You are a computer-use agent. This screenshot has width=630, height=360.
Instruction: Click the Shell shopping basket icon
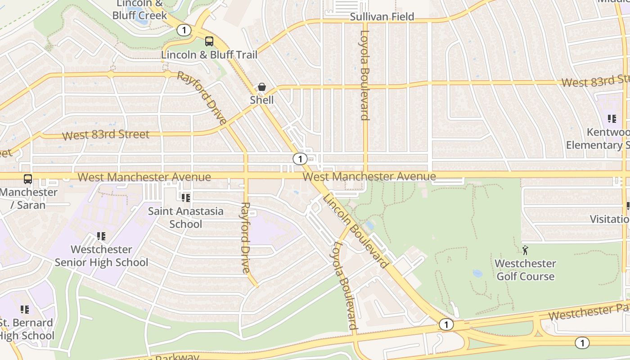coord(261,87)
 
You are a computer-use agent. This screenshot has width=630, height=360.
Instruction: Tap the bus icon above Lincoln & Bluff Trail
coord(209,41)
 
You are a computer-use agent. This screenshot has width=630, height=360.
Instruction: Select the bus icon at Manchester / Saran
coord(28,179)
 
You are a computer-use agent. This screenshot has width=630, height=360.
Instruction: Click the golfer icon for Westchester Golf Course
coord(525,250)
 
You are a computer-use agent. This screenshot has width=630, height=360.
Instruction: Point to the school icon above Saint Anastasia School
coord(185,198)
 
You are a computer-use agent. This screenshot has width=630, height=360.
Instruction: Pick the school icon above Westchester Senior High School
coord(101,236)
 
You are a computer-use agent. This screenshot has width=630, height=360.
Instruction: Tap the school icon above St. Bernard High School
coord(25,310)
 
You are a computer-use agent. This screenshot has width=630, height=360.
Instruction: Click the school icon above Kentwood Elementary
coord(612,119)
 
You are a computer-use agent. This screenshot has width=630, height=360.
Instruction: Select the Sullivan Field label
coord(382,17)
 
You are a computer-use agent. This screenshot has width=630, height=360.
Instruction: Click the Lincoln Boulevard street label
coord(355,231)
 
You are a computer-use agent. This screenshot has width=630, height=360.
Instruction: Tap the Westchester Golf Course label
coord(525,270)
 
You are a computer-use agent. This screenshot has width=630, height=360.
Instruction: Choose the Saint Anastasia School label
coord(186,217)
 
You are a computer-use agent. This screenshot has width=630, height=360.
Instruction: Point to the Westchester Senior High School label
coord(101,256)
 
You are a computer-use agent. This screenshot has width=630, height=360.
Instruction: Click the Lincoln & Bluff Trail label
coord(209,55)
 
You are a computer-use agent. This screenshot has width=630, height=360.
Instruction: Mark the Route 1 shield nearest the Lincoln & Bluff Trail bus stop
coord(184,31)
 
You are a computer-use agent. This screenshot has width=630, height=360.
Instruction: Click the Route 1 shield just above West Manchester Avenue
coord(300,159)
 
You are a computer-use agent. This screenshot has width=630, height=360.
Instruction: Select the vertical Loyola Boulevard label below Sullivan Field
coord(365,75)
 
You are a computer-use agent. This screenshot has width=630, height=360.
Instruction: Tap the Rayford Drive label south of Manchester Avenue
coord(245,238)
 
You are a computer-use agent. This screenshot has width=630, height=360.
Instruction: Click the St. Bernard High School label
coord(26,329)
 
